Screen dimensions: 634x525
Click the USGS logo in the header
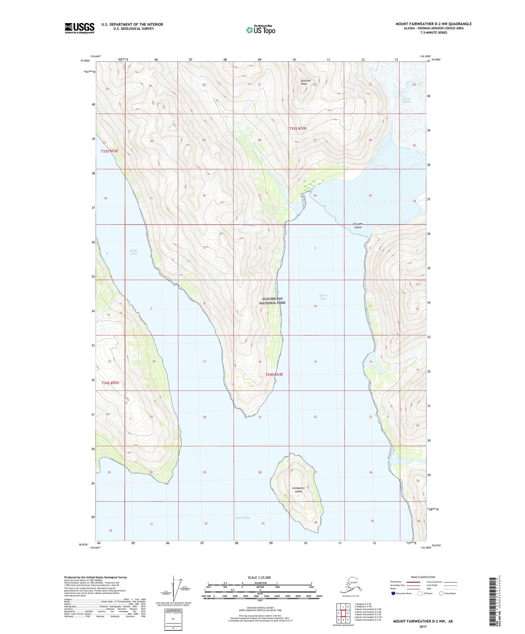pos(79,28)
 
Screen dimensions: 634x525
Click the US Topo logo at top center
pos(260,29)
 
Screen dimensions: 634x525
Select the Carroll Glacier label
pos(407,100)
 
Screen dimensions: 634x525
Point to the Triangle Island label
pos(358,225)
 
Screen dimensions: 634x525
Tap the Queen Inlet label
pos(323,297)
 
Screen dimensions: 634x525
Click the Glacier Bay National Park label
pos(274,300)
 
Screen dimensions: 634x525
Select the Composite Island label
pos(298,489)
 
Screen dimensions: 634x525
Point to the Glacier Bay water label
pos(242,517)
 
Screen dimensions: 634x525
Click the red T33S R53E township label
pos(298,129)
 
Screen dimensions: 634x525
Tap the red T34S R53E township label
pos(274,374)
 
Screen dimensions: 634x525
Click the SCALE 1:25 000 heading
pos(259,577)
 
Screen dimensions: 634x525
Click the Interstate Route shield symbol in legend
pos(393,593)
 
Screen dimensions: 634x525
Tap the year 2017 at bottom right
pos(423,626)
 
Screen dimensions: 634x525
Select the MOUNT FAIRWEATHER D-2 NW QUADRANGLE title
pos(433,24)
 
